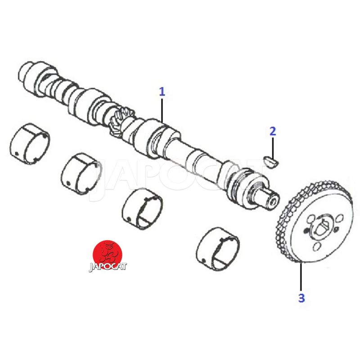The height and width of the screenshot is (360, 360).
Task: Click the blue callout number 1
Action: (x=162, y=92)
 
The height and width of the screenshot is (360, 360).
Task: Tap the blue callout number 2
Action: (x=273, y=131)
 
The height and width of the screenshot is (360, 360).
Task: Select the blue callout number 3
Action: (x=301, y=298)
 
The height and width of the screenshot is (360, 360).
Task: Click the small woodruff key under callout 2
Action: (x=271, y=162)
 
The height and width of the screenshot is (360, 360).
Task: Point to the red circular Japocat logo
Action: (x=108, y=254)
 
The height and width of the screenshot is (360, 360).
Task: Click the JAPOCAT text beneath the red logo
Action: (x=108, y=267)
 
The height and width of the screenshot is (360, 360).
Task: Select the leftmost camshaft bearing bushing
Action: (x=30, y=144)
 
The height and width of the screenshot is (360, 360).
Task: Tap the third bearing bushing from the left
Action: (x=142, y=208)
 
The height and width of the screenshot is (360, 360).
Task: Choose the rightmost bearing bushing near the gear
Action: (x=218, y=249)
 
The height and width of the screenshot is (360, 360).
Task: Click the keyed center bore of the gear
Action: (x=322, y=227)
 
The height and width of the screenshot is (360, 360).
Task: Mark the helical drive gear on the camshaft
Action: (x=120, y=122)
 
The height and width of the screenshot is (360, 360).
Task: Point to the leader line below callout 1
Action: (x=162, y=110)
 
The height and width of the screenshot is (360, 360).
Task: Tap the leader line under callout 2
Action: (x=273, y=148)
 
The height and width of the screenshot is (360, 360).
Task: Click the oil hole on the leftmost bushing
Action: (x=16, y=153)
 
